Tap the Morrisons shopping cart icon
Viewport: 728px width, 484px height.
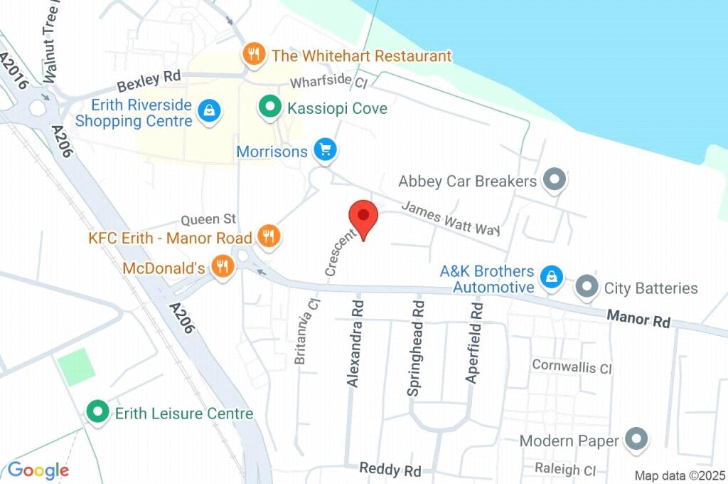pos(326,150)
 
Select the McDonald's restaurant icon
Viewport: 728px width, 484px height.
pos(223,268)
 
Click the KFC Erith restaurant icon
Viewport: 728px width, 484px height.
pos(268,236)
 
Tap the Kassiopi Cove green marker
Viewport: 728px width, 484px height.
pos(269,108)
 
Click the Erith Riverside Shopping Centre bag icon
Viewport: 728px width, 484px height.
pos(209,111)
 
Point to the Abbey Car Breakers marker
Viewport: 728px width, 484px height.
pos(554,180)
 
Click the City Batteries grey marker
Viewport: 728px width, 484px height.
pos(587,288)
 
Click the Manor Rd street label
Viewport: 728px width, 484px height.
pos(638,318)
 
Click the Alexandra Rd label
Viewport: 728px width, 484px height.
pos(355,343)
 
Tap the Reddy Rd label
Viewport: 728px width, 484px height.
pos(390,469)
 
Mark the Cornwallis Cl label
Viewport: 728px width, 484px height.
pos(572,367)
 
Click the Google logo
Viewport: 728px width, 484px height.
pos(38,470)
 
